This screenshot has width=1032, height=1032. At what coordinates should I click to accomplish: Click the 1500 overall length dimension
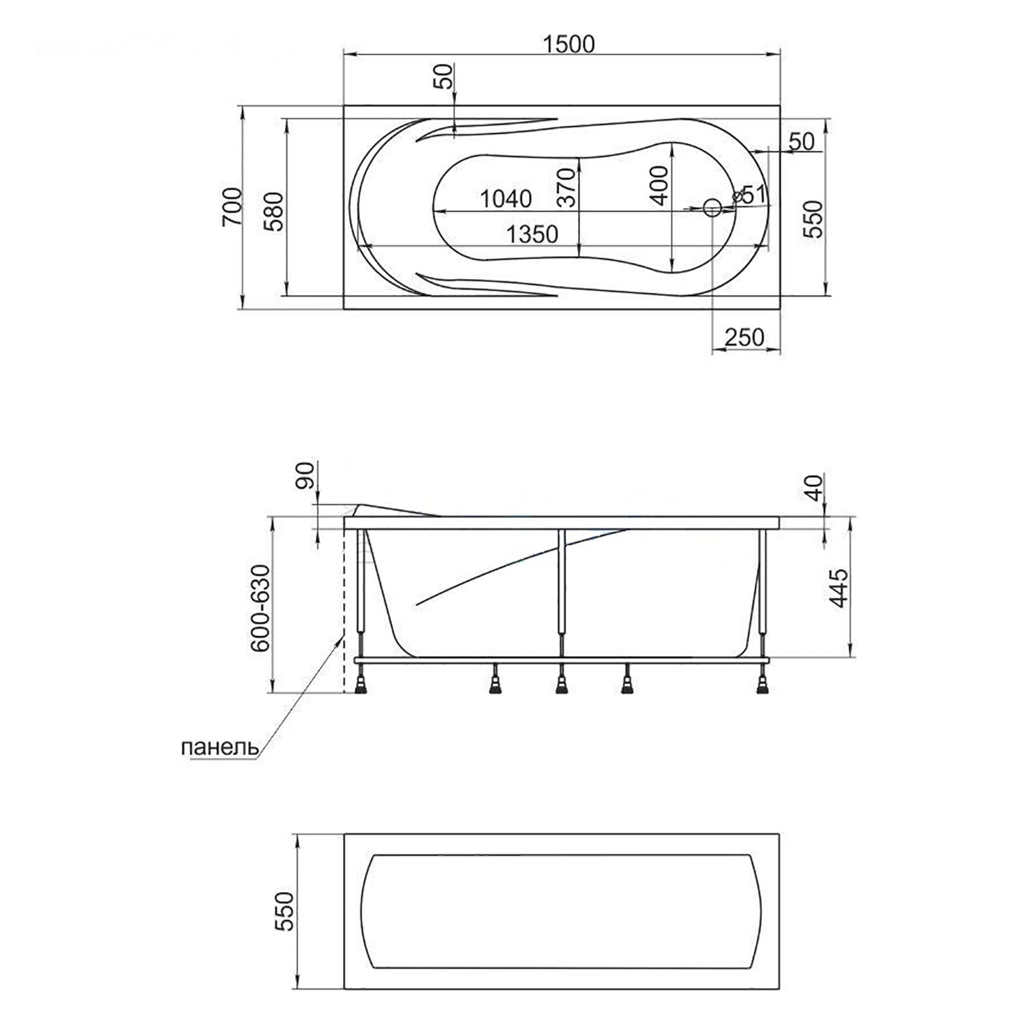568,44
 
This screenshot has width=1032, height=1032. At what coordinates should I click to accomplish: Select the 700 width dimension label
232,207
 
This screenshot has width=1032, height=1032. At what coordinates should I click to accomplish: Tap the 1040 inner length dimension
506,199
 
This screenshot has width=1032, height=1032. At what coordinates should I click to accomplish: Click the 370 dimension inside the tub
566,186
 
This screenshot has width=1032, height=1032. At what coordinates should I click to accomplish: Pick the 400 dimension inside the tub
659,185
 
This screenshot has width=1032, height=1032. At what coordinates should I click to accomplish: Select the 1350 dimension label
531,233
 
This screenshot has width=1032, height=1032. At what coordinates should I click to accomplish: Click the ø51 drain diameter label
749,193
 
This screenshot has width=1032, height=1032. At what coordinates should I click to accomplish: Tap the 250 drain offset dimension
744,337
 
